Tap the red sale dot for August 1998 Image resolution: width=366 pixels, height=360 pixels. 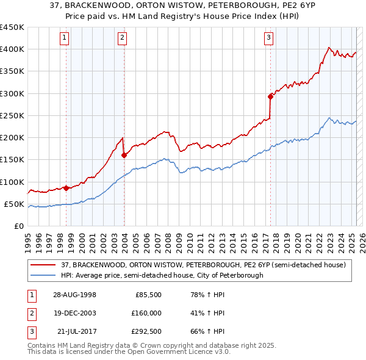coord(66,188)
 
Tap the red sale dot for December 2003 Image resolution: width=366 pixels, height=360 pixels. coord(124,155)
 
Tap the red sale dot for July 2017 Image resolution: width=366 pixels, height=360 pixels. coord(270,96)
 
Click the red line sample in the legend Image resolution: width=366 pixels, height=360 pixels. coord(43,265)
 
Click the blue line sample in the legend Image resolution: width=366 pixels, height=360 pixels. coord(43,275)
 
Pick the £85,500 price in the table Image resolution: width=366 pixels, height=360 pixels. coord(148,295)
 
